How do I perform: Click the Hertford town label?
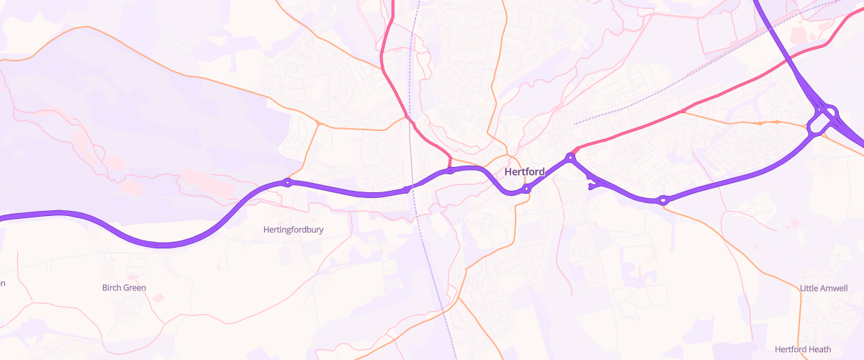(x=524, y=172)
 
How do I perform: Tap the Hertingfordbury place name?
(x=293, y=230)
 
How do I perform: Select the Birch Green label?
(x=124, y=287)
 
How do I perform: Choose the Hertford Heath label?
(x=803, y=349)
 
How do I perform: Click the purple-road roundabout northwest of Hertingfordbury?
(x=287, y=183)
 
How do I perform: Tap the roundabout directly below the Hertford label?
(x=526, y=189)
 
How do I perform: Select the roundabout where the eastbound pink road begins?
(x=570, y=157)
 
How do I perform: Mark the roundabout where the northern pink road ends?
(x=450, y=171)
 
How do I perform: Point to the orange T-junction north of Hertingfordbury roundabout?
(x=318, y=124)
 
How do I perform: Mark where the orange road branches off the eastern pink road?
(x=683, y=111)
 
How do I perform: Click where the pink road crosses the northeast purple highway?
(x=791, y=58)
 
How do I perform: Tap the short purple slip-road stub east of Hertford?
(x=593, y=186)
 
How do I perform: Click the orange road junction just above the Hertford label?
(x=508, y=155)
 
